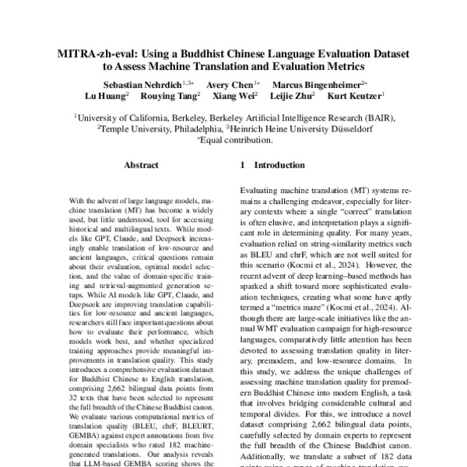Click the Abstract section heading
tap(141, 166)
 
